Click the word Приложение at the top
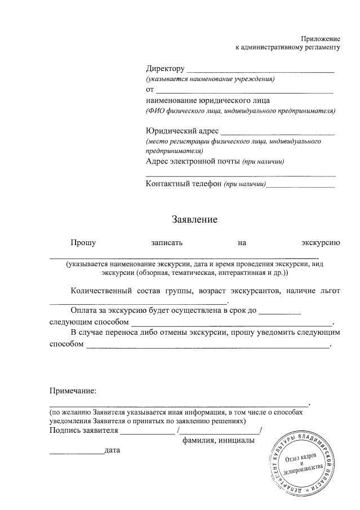point(321,38)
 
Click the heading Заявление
point(194,219)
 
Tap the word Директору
point(165,69)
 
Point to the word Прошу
point(83,243)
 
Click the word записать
point(167,243)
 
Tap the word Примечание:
point(73,391)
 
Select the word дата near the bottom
point(112,450)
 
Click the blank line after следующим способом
point(232,325)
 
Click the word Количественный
point(101,291)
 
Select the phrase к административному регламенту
point(288,48)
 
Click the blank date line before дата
point(76,453)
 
